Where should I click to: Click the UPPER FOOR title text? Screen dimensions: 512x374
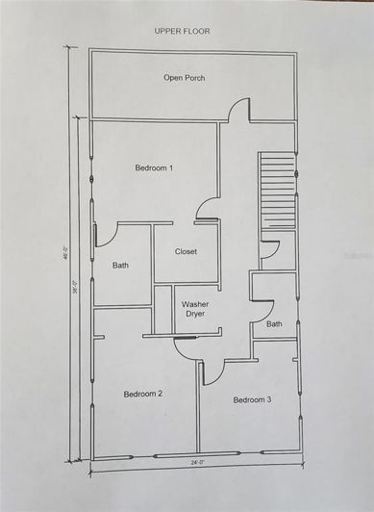pyautogui.click(x=182, y=31)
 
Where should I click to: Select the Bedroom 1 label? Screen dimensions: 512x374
pyautogui.click(x=154, y=168)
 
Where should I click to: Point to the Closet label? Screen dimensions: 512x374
pyautogui.click(x=186, y=252)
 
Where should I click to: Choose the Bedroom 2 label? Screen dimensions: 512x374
pyautogui.click(x=142, y=393)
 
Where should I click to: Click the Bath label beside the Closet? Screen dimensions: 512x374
pyautogui.click(x=120, y=265)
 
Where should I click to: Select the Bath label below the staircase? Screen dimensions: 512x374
pyautogui.click(x=274, y=323)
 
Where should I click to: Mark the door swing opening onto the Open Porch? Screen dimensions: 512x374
pyautogui.click(x=237, y=109)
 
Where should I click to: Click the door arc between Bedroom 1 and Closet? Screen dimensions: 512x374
pyautogui.click(x=206, y=206)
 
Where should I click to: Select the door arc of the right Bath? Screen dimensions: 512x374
pyautogui.click(x=257, y=310)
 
